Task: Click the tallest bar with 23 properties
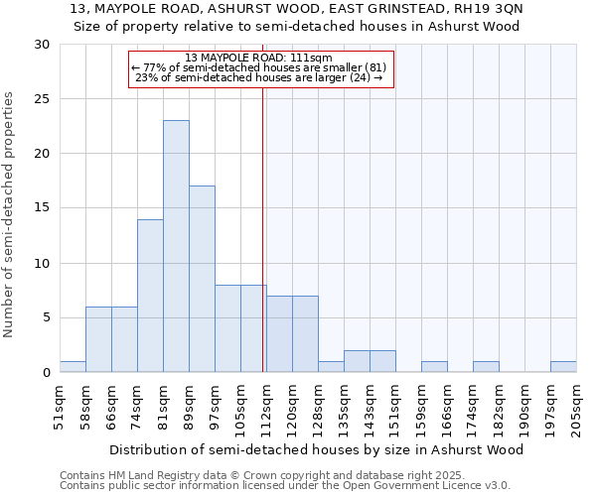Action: click(x=176, y=246)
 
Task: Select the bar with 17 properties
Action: click(x=202, y=279)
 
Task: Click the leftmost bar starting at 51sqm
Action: click(x=73, y=366)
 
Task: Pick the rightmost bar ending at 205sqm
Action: click(x=563, y=366)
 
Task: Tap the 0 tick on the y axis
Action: click(x=46, y=373)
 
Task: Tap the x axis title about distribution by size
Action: click(x=317, y=449)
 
